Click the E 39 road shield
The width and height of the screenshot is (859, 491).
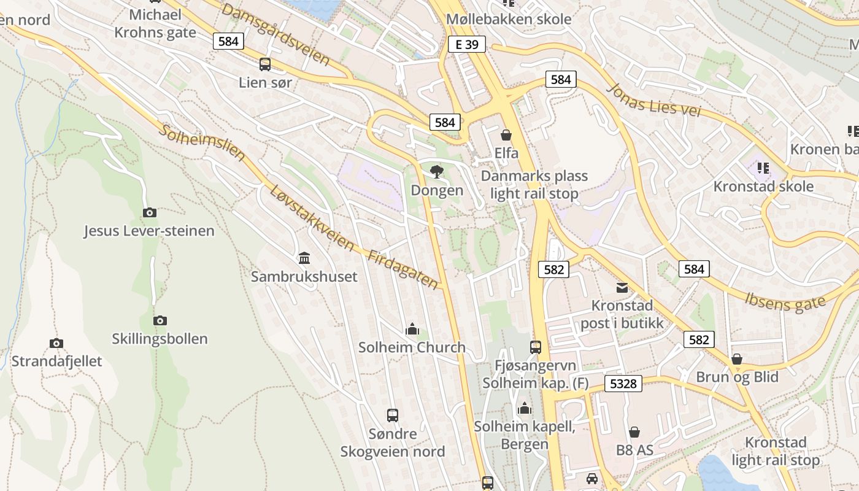466,44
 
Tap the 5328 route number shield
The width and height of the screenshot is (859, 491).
623,384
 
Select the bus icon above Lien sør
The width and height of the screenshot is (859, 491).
265,64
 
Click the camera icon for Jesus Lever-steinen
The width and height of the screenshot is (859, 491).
149,213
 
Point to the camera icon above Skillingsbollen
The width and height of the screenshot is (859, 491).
160,320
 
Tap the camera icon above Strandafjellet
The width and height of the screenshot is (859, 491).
56,343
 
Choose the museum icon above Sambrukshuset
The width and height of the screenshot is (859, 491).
304,258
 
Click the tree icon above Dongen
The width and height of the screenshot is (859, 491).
437,172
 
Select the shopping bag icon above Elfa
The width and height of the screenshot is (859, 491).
506,134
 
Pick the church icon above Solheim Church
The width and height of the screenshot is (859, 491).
412,330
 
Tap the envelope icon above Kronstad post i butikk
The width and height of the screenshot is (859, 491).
622,287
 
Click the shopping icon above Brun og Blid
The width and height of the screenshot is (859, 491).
737,359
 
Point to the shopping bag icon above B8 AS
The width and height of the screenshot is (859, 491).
634,433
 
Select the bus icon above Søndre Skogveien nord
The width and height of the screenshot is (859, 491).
393,416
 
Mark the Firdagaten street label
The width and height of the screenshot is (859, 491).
403,269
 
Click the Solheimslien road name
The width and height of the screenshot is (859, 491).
202,144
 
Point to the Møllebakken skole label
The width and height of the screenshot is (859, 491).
509,19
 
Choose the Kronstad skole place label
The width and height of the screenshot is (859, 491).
763,187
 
